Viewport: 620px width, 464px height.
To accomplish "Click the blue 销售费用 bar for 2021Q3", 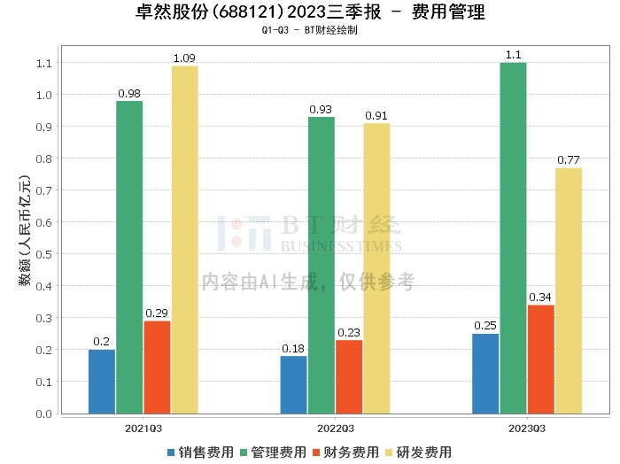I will tap(102, 382).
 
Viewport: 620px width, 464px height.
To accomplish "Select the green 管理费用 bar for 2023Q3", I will tap(513, 238).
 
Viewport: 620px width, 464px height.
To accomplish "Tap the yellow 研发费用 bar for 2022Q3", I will tap(376, 268).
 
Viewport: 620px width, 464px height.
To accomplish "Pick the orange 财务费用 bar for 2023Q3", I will tap(540, 359).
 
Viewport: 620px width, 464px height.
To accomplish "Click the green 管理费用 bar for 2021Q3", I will tap(129, 257).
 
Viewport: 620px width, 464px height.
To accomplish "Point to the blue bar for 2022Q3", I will tap(293, 384).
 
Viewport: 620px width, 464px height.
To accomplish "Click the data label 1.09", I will tap(184, 58).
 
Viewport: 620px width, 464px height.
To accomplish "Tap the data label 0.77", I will tap(568, 160).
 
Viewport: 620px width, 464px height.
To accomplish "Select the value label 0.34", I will tap(540, 298).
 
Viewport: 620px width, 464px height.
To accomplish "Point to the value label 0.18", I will tap(293, 349).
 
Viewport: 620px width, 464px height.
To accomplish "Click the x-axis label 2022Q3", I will tap(335, 427).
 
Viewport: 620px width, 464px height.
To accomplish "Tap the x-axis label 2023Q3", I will tap(527, 427).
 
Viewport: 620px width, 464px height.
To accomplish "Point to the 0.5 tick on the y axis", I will tap(43, 254).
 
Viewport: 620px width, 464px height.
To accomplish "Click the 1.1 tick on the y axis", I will tap(43, 64).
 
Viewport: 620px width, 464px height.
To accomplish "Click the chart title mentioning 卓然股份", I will tap(309, 12).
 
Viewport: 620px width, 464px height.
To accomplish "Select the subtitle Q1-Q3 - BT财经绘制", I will tap(309, 30).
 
